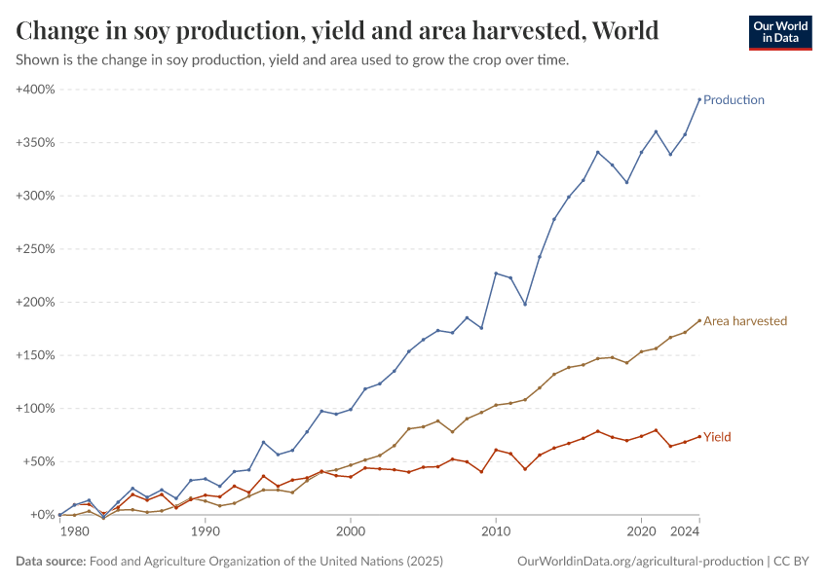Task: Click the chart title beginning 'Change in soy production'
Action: [337, 31]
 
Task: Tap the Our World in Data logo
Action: [779, 32]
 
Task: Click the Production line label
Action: [734, 100]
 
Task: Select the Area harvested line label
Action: [745, 321]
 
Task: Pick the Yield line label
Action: [717, 438]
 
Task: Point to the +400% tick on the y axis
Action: [35, 90]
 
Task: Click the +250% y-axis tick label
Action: [35, 249]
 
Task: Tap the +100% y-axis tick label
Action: [35, 408]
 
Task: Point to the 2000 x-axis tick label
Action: [351, 532]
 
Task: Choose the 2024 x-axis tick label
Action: [685, 532]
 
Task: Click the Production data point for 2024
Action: [699, 99]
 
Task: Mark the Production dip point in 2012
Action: [525, 304]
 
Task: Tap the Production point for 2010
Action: [496, 274]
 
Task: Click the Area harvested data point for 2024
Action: [699, 320]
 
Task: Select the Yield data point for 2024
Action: [699, 436]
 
